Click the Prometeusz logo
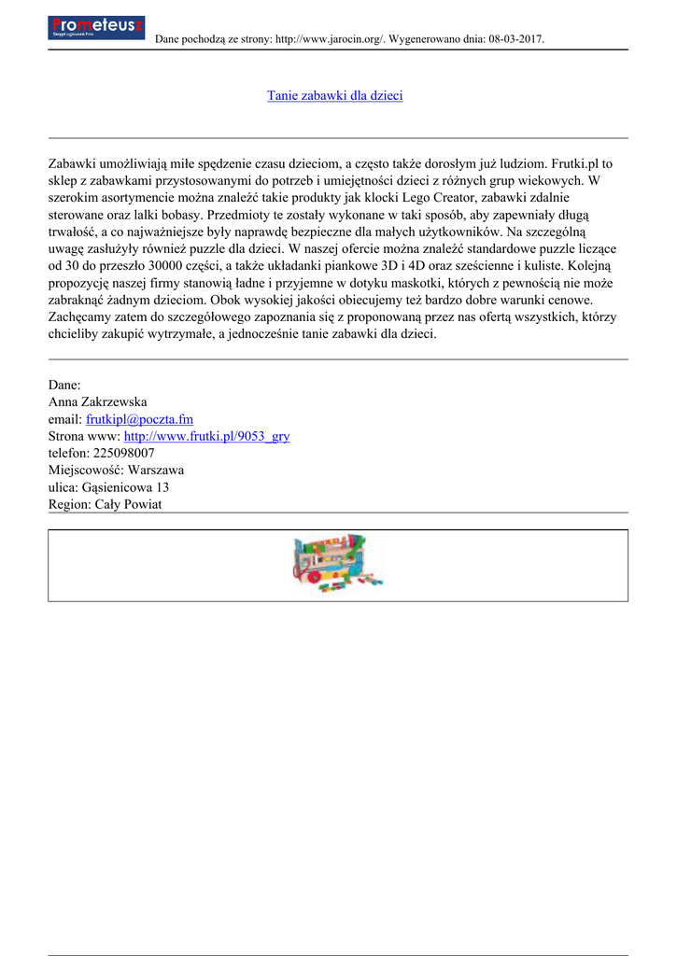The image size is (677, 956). click(95, 28)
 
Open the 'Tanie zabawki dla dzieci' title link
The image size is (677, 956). click(334, 96)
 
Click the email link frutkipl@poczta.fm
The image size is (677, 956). click(139, 419)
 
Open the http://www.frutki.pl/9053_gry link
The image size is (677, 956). click(206, 436)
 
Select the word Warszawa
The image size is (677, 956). click(156, 470)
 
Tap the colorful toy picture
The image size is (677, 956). click(338, 564)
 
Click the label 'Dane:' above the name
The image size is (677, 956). click(64, 385)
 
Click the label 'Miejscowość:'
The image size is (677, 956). click(86, 470)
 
